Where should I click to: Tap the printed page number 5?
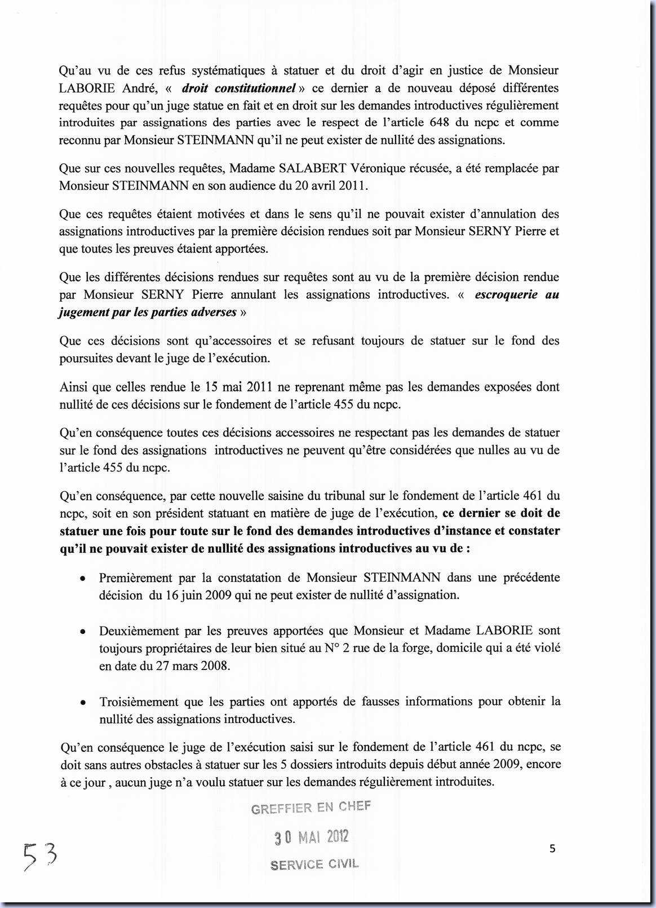(552, 848)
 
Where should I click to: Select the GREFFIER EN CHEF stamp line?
(311, 808)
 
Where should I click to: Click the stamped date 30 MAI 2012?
(312, 837)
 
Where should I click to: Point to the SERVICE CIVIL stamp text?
(314, 864)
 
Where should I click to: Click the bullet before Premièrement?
(83, 579)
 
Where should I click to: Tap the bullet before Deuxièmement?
(83, 632)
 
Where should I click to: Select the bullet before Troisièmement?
(83, 703)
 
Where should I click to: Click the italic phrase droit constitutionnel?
(239, 88)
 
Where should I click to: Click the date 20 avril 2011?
(331, 186)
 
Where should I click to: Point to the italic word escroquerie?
(506, 294)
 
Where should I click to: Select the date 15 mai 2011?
(239, 387)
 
